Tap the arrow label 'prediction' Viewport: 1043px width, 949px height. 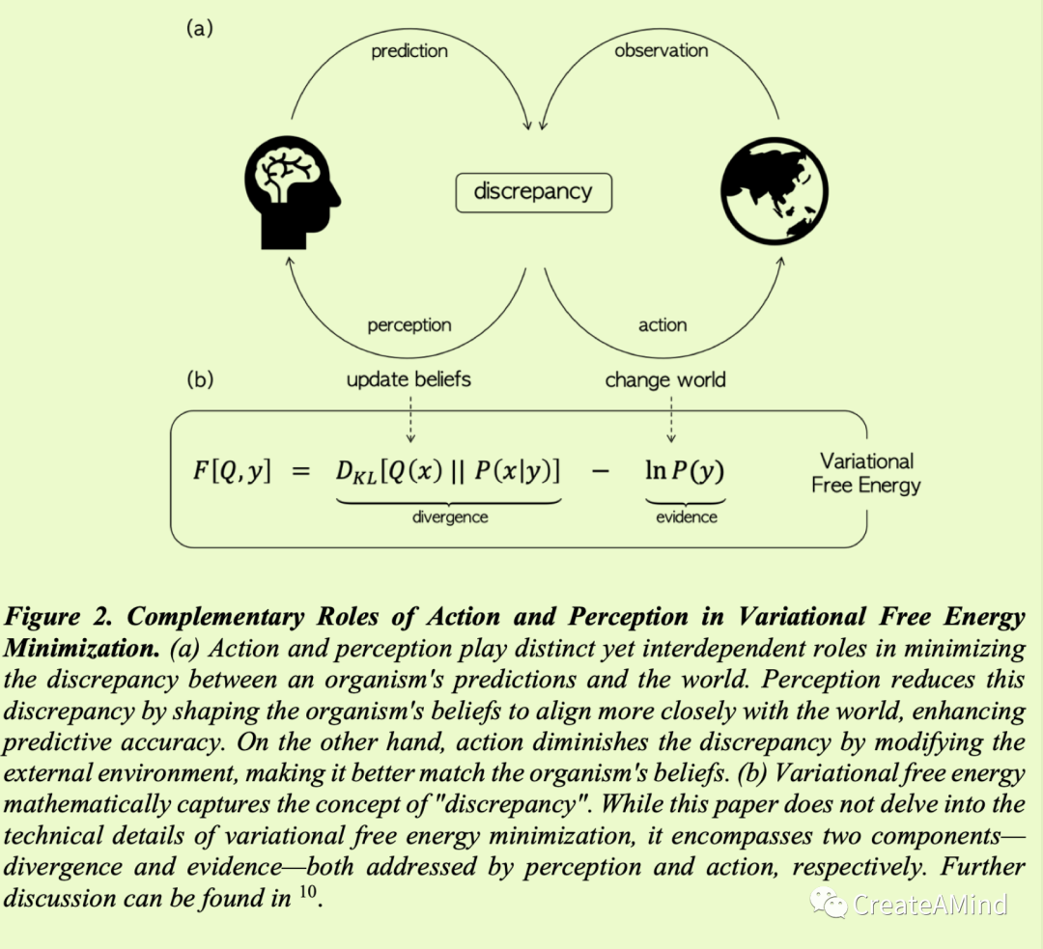pos(409,51)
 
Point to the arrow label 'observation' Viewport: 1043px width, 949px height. pos(662,50)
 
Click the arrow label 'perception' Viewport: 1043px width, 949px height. pos(409,325)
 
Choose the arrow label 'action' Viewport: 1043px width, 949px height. pos(662,325)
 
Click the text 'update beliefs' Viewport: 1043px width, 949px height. pos(409,379)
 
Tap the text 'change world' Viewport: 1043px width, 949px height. pos(665,380)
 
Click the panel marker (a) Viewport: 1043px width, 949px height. pos(199,28)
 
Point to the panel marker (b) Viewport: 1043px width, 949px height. pos(200,379)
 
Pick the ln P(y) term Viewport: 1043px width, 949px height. pos(685,471)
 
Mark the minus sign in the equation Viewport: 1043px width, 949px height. pos(601,472)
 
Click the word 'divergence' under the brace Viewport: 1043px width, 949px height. pos(450,517)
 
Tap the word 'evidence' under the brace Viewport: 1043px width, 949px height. pos(686,517)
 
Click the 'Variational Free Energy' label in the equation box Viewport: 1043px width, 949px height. pos(865,473)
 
